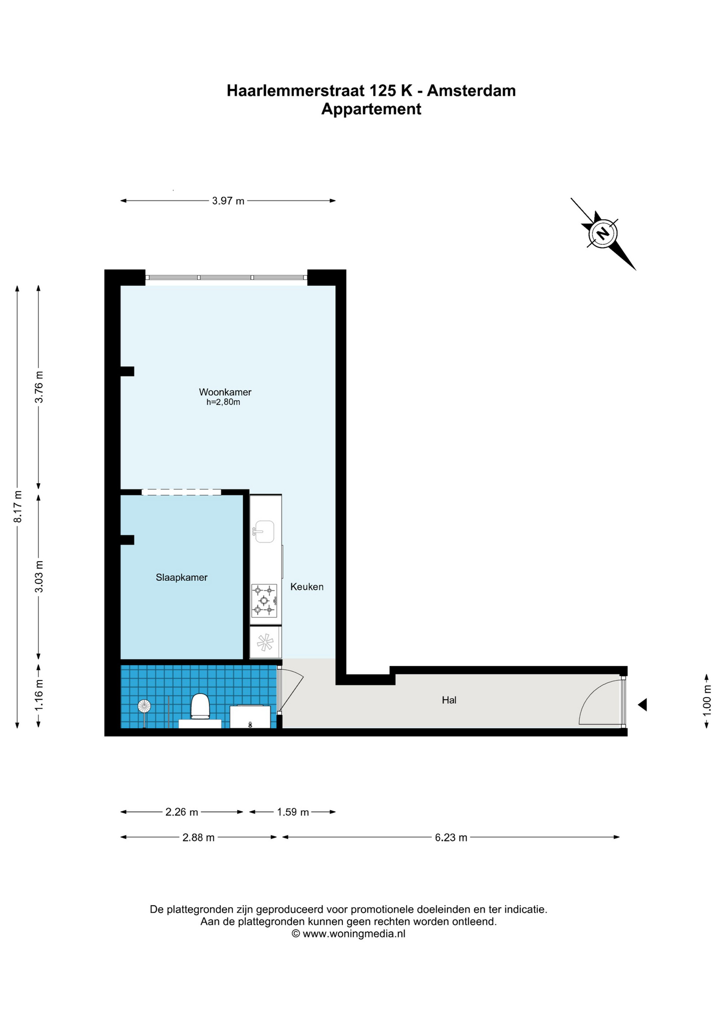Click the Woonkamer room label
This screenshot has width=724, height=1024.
(225, 392)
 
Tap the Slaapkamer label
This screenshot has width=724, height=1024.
(181, 577)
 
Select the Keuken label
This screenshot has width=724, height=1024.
(307, 587)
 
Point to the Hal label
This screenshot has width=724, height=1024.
(449, 700)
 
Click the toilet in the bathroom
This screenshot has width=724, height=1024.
(200, 706)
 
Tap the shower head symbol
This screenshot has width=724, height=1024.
(144, 706)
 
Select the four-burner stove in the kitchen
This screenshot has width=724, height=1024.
(264, 601)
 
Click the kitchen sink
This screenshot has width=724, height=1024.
(263, 531)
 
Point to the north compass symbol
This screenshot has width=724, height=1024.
(603, 234)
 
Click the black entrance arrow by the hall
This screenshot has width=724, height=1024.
(642, 705)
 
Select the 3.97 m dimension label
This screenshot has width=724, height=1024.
(228, 201)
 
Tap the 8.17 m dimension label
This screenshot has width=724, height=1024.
(18, 506)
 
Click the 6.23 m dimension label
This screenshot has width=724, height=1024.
(451, 837)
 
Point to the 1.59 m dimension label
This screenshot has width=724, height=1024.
(293, 812)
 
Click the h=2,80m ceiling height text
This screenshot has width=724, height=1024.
(223, 402)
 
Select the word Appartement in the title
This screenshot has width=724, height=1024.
(371, 109)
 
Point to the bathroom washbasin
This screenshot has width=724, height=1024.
(250, 717)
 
